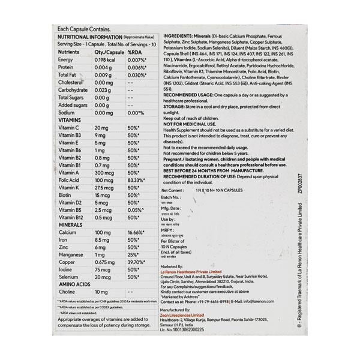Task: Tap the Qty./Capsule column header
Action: point(107,52)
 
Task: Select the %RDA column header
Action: point(137,52)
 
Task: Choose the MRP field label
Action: point(170,230)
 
